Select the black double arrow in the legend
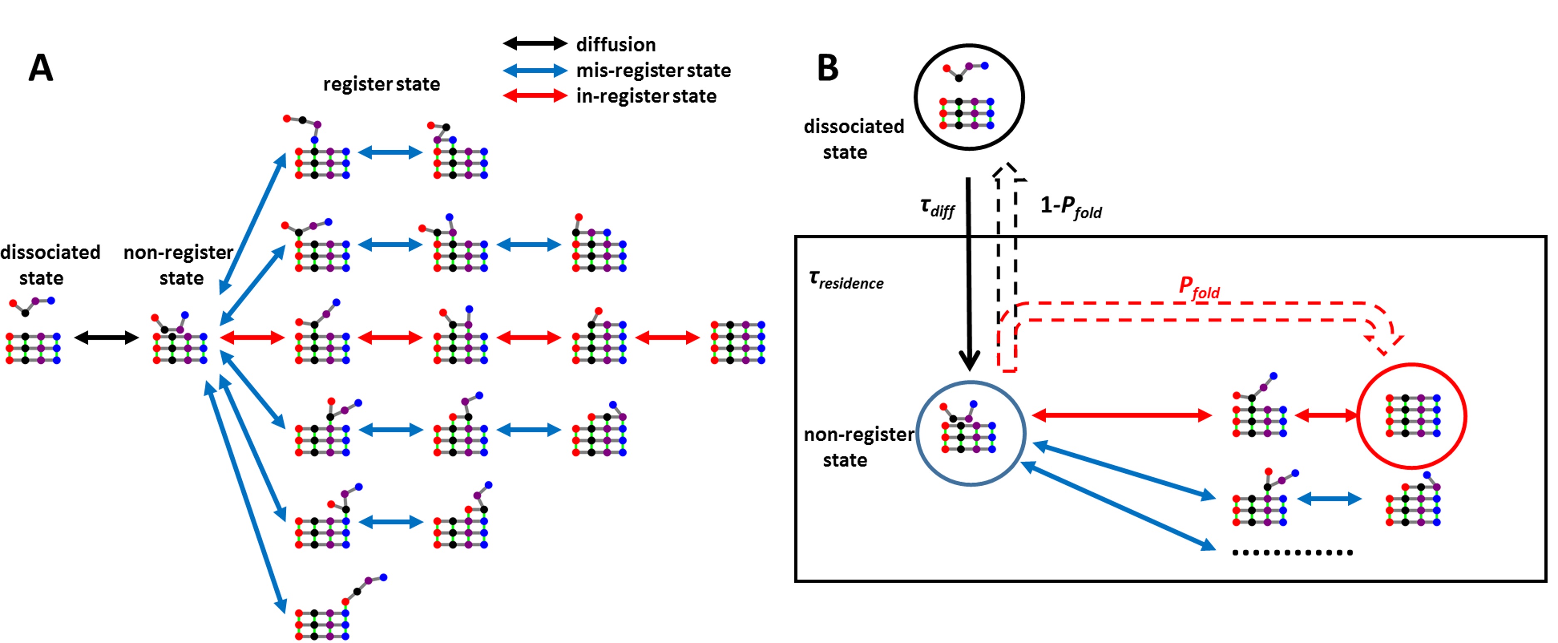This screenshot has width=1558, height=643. [535, 44]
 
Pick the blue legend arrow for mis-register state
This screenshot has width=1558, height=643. [535, 70]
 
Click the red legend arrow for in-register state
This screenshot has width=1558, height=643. [535, 96]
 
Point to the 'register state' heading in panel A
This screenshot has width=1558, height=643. [381, 84]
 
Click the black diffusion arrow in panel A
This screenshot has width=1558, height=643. [107, 338]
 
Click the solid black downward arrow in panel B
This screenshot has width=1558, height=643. [969, 272]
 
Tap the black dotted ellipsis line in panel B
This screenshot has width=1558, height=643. [1292, 552]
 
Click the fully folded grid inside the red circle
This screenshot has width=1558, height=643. [1413, 416]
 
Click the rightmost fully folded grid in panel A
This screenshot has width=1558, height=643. [738, 343]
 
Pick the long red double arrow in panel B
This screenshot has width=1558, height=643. [1122, 415]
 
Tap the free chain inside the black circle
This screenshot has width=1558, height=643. [965, 71]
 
